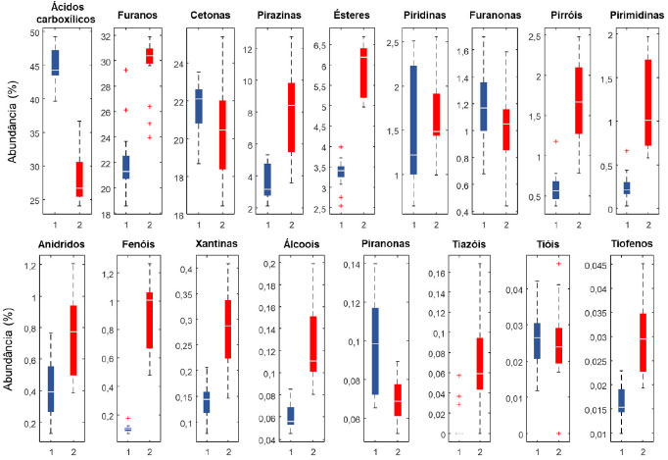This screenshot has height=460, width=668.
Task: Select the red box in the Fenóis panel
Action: (x=149, y=320)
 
